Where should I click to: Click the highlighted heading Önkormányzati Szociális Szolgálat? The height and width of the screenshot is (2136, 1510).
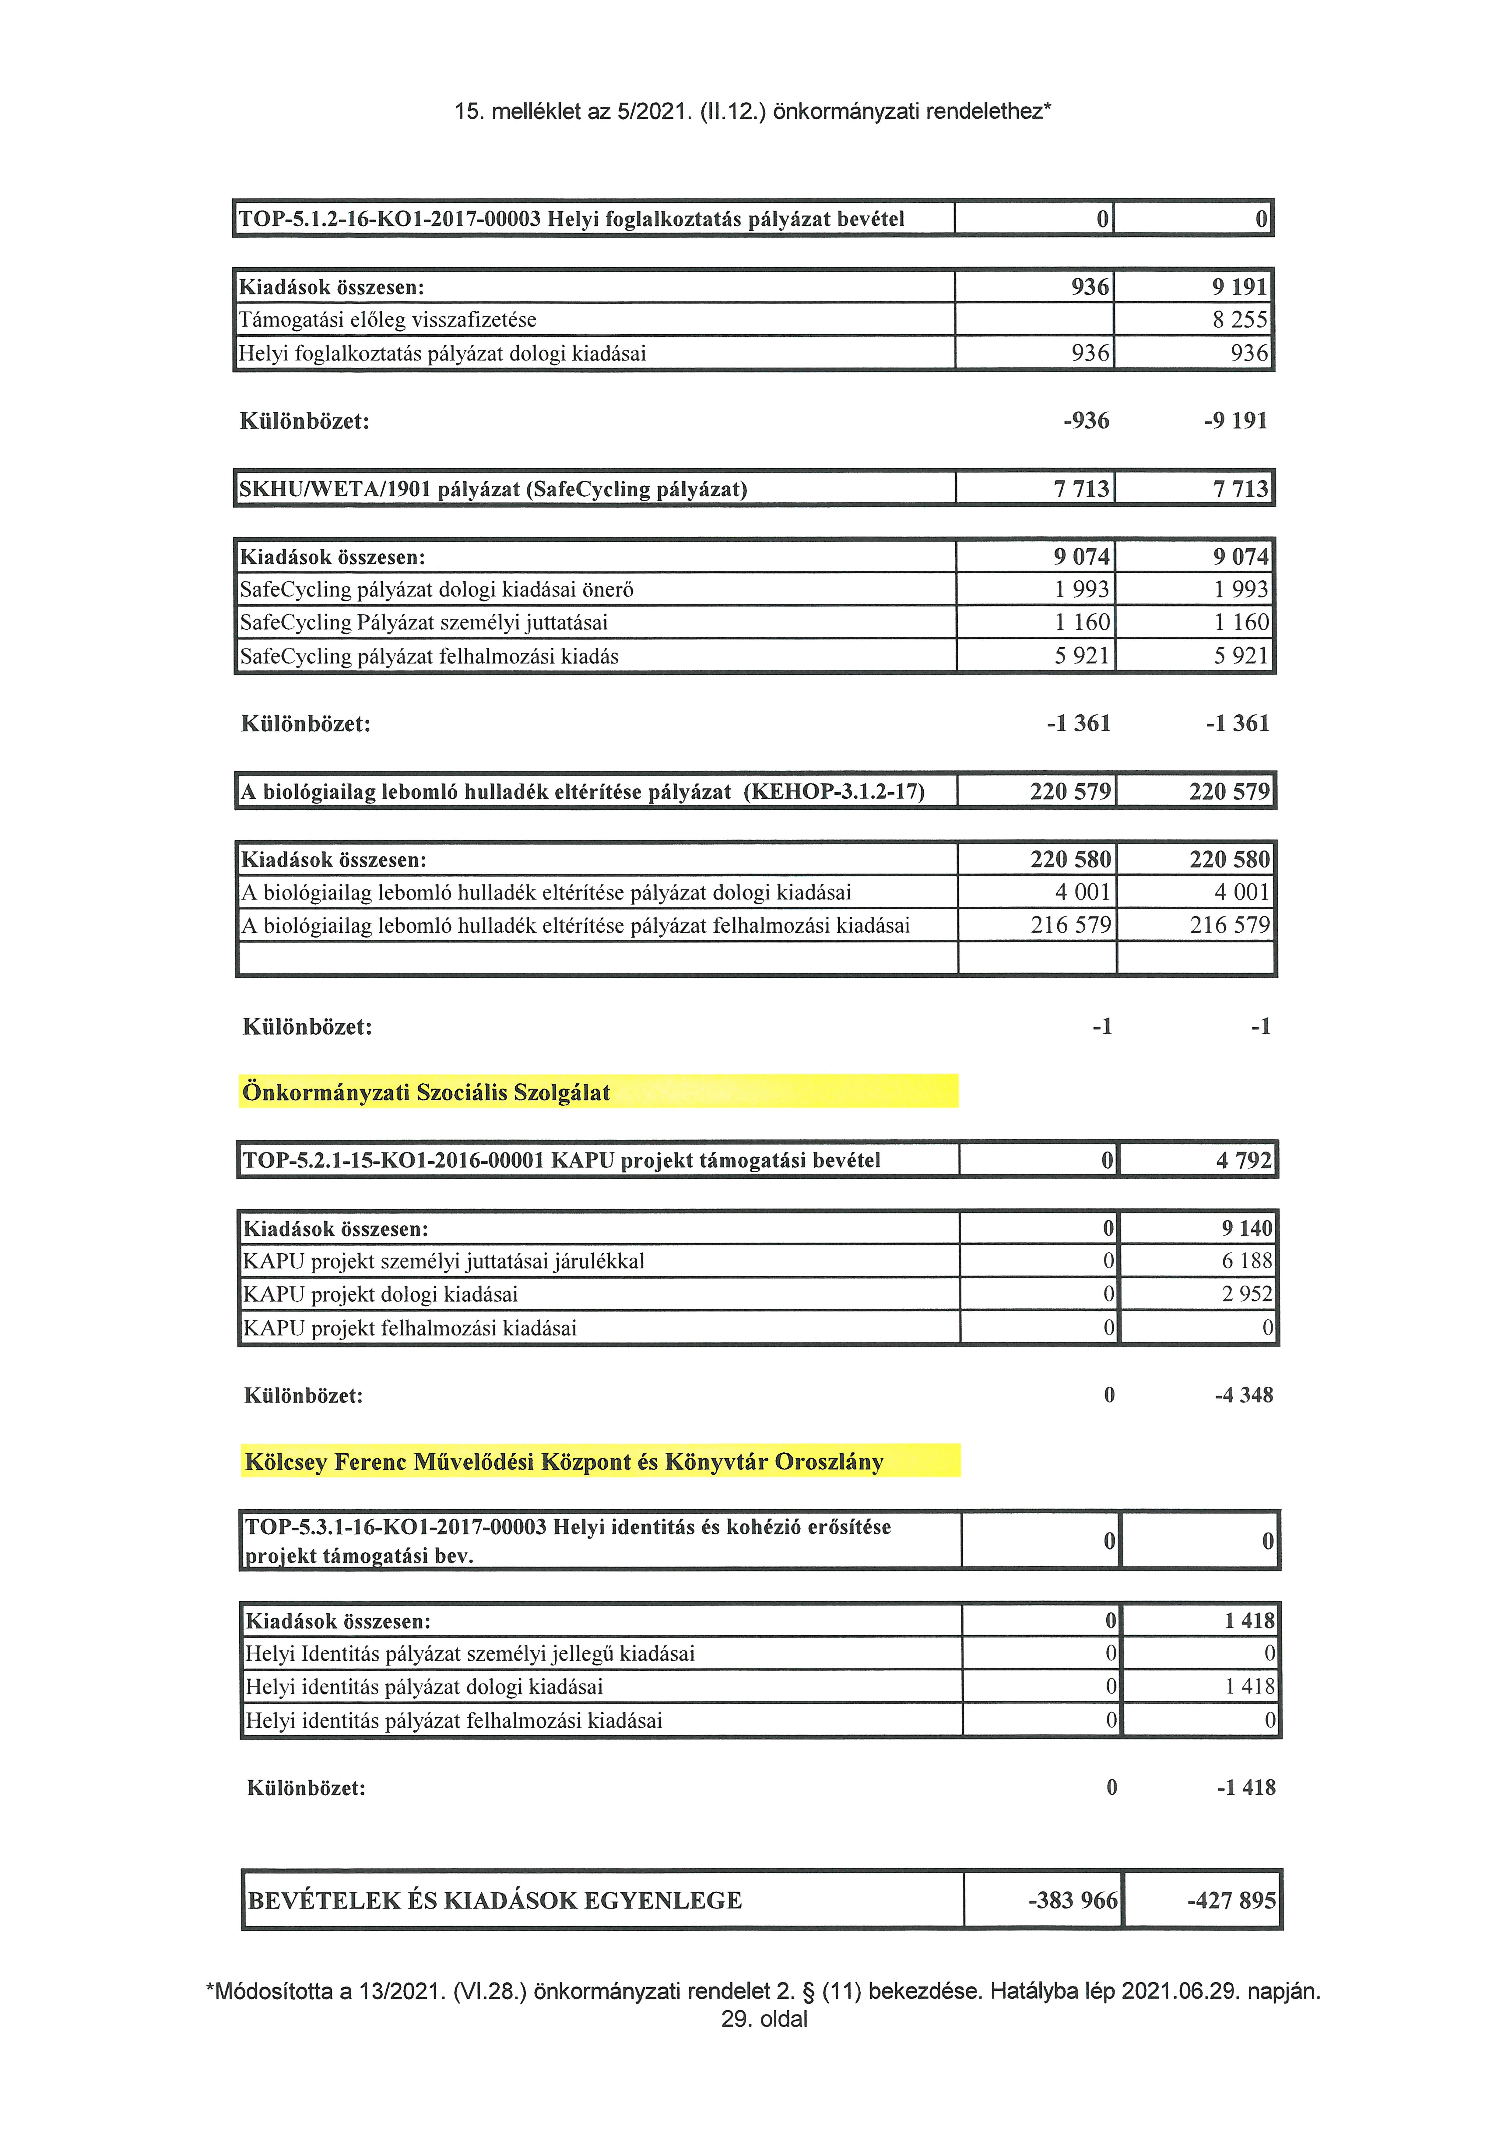point(426,1092)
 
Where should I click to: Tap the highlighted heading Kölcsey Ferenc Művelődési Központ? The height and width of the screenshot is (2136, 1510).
point(564,1462)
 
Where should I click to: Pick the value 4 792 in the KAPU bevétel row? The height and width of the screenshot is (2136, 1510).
point(1244,1160)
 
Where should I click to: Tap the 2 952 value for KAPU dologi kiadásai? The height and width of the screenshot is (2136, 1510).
point(1247,1294)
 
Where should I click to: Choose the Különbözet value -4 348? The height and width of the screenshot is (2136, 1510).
point(1244,1395)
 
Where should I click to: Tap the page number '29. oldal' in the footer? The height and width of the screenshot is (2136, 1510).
point(764,2019)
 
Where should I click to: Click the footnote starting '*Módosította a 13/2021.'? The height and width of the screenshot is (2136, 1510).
point(763,1991)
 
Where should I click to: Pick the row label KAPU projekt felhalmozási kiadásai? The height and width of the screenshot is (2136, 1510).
point(409,1328)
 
